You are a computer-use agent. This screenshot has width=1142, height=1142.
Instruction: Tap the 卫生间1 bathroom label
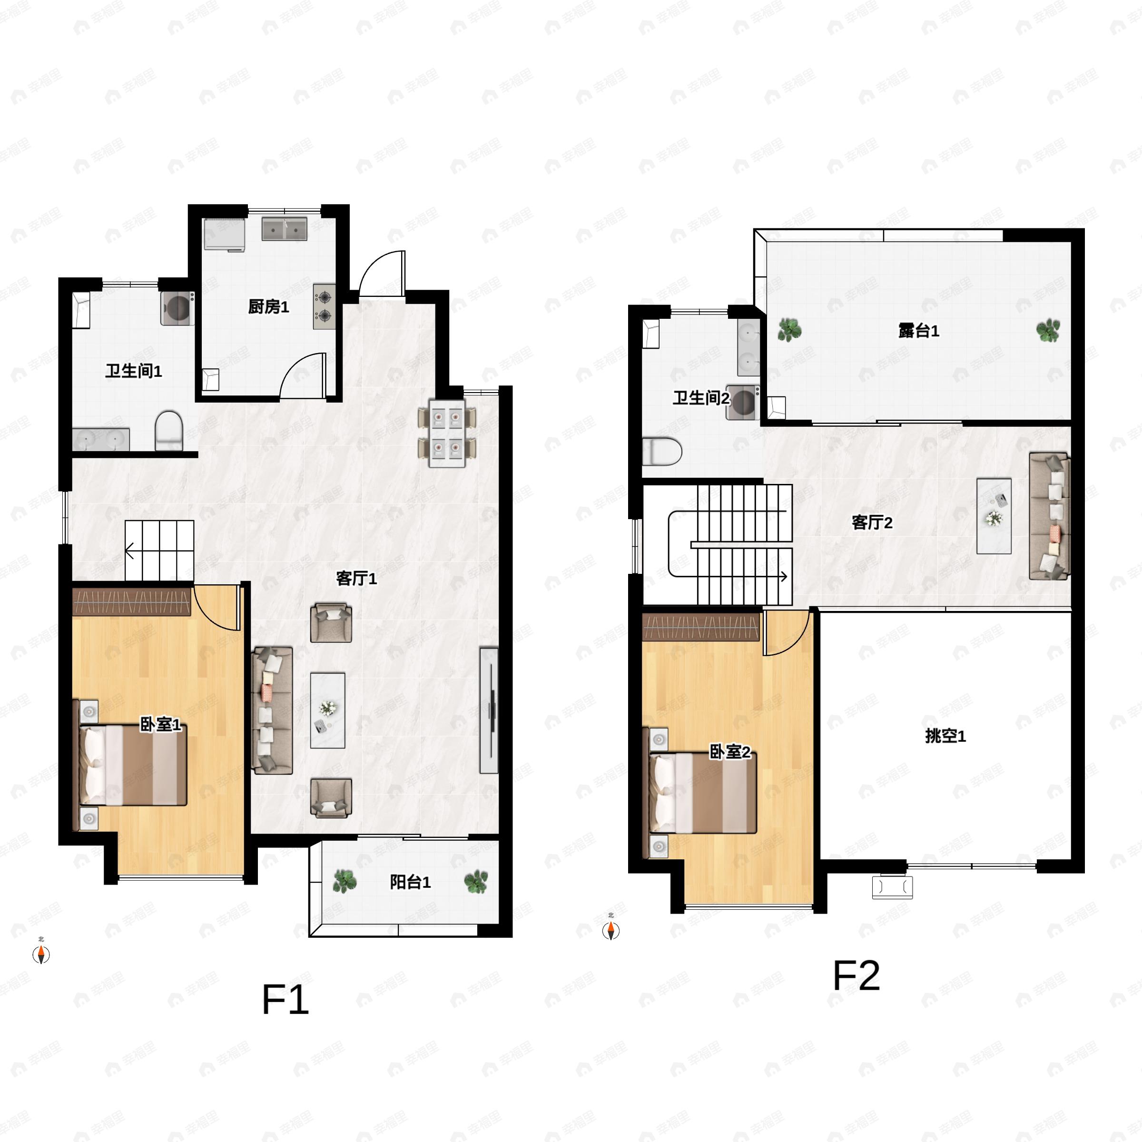click(134, 371)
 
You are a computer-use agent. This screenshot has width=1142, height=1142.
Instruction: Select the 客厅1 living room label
click(356, 578)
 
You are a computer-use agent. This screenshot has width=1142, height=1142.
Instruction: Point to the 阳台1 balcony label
click(410, 882)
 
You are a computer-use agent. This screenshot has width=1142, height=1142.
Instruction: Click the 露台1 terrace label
click(918, 331)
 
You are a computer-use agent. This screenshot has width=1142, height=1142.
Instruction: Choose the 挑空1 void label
click(945, 736)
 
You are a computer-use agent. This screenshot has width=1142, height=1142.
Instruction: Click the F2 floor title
click(856, 975)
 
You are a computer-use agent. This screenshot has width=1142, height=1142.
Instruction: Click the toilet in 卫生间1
click(168, 431)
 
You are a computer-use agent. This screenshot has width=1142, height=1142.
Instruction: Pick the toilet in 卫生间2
click(662, 452)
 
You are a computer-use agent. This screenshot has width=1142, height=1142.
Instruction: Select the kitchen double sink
click(285, 228)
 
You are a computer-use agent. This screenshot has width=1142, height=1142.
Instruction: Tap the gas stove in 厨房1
click(324, 306)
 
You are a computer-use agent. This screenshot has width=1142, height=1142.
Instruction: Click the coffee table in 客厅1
click(327, 710)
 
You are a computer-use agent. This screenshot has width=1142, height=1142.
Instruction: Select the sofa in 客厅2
click(1049, 516)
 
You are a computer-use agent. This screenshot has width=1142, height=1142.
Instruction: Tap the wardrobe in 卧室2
click(700, 627)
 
